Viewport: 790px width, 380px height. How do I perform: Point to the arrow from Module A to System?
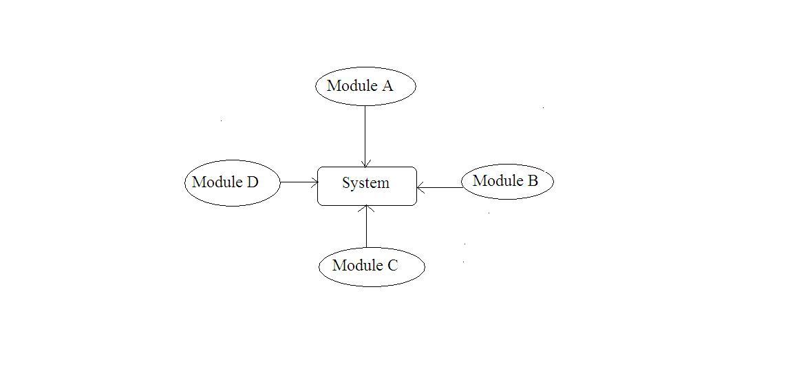(365, 134)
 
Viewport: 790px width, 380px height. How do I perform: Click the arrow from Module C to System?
(367, 227)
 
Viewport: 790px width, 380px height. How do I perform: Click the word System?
(365, 183)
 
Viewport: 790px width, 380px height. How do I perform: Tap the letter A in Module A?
(387, 86)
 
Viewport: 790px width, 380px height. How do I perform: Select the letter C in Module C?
(392, 266)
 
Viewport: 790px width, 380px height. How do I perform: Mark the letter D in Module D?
(252, 182)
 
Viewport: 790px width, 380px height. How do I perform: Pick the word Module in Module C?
(357, 266)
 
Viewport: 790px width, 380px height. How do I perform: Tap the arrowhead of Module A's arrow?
(365, 163)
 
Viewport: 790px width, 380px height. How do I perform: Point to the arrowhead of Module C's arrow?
(367, 209)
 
